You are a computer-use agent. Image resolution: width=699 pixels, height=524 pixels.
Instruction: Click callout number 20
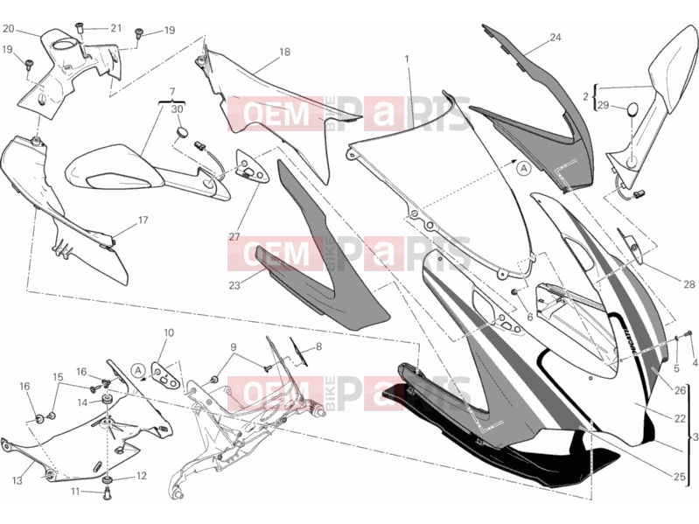click(9, 29)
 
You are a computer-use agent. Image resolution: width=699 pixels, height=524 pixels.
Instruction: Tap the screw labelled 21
click(80, 28)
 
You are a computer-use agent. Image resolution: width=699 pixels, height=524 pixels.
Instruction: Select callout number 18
click(284, 52)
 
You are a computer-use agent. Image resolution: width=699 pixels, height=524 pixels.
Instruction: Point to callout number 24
click(555, 38)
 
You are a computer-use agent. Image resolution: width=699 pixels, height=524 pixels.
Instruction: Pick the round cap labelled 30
click(181, 131)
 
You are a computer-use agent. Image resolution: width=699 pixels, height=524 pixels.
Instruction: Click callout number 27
click(234, 237)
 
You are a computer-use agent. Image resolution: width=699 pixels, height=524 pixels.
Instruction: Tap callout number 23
click(234, 285)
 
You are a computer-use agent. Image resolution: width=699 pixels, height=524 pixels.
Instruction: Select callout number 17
click(143, 220)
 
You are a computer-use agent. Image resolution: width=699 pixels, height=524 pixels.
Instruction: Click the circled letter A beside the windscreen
click(524, 169)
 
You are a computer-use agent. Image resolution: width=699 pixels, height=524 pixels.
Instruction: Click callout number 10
click(169, 332)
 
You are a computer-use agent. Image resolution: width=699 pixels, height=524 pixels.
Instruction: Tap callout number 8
click(318, 346)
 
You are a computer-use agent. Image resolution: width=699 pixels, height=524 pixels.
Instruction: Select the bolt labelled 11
click(107, 493)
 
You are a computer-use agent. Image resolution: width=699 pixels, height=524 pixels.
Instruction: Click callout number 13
click(17, 481)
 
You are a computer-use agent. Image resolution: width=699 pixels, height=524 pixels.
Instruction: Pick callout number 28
click(689, 284)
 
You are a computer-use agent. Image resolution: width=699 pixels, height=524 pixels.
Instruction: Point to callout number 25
click(679, 478)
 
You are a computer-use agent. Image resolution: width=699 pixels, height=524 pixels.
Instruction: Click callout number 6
click(529, 318)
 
